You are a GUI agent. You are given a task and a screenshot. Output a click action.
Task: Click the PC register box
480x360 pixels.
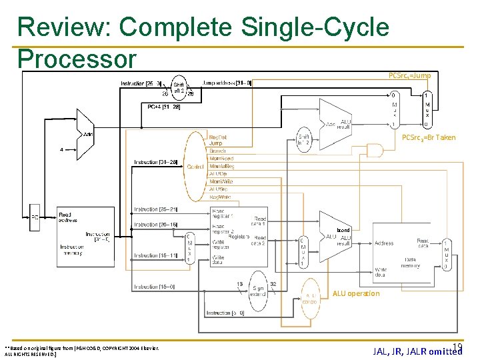[35, 217]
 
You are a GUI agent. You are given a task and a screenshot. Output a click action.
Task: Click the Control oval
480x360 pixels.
[195, 166]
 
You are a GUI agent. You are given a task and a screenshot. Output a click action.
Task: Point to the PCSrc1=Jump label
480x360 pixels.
[409, 76]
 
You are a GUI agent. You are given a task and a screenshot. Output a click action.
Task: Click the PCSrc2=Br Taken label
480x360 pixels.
[429, 138]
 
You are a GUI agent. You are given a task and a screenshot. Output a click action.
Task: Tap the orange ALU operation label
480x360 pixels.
[355, 293]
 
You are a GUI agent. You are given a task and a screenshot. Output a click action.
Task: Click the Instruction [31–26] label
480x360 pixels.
[155, 162]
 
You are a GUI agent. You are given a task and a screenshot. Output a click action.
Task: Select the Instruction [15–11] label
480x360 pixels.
[155, 255]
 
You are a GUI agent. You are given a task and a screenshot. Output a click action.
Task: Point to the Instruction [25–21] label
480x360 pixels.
[155, 209]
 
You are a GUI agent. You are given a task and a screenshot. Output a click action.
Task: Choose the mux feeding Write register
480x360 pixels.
[190, 248]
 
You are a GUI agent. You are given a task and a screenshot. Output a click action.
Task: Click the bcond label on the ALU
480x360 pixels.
[343, 230]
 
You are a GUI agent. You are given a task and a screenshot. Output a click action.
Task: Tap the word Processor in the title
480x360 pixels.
[77, 59]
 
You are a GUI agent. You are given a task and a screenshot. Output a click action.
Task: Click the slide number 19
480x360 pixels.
[457, 346]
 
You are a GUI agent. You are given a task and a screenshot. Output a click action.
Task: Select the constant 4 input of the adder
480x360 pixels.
[61, 149]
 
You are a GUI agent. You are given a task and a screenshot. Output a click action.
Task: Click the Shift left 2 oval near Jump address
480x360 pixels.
[179, 89]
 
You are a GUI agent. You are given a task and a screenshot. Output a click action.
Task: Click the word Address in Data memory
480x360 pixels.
[383, 243]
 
